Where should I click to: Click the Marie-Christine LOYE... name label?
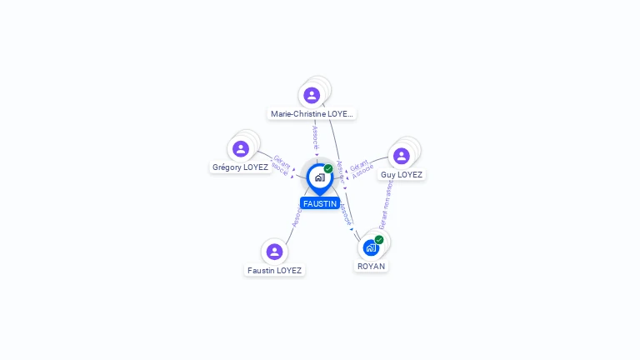pyautogui.click(x=312, y=113)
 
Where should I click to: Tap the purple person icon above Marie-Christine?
pyautogui.click(x=312, y=95)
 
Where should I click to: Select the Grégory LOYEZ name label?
pyautogui.click(x=240, y=167)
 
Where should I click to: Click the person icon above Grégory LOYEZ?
pyautogui.click(x=241, y=148)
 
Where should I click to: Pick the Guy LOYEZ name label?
pyautogui.click(x=401, y=174)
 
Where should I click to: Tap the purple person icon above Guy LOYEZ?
pyautogui.click(x=401, y=156)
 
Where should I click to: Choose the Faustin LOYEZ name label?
pyautogui.click(x=274, y=270)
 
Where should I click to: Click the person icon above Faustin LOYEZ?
pyautogui.click(x=274, y=251)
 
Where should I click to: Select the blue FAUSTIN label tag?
pyautogui.click(x=319, y=203)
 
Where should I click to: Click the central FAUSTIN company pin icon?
pyautogui.click(x=319, y=177)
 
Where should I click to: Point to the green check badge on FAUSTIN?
pyautogui.click(x=328, y=168)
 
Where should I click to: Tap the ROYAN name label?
pyautogui.click(x=371, y=266)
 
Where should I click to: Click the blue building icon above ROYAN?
pyautogui.click(x=371, y=247)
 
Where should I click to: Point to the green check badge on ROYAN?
pyautogui.click(x=379, y=240)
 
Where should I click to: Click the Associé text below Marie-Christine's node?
pyautogui.click(x=315, y=137)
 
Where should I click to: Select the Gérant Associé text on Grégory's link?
pyautogui.click(x=280, y=165)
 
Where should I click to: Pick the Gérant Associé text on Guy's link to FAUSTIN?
pyautogui.click(x=361, y=169)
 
